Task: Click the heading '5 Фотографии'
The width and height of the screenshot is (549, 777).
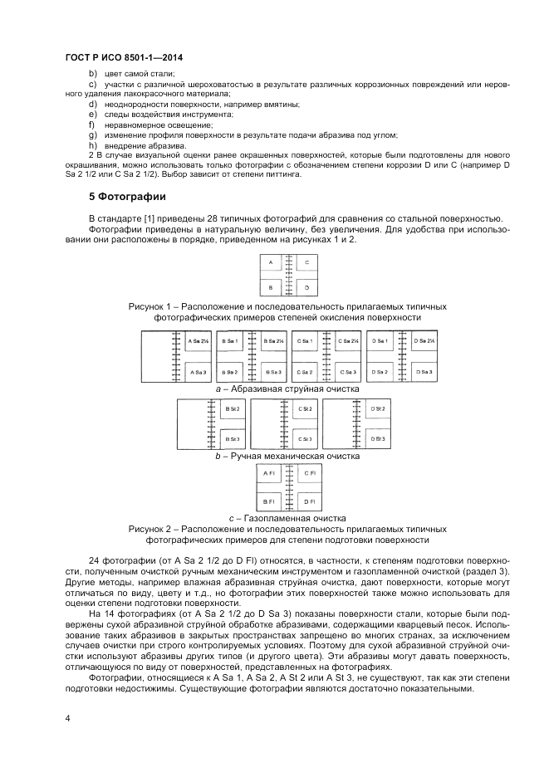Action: coord(127,197)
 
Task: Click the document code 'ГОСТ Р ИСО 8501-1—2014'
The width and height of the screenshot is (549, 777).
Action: coord(123,57)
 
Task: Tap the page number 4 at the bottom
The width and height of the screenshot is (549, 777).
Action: coord(67,716)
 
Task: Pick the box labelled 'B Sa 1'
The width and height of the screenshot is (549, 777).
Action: coord(231,341)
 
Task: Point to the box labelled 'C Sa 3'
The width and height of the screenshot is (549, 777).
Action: coord(348,372)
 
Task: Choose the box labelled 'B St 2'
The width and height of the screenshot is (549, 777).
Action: coord(233,408)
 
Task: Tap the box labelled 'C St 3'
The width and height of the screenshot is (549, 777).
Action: coord(305,438)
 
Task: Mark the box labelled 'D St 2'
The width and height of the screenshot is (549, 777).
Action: coord(378,408)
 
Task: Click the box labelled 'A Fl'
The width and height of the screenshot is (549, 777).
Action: coord(269,473)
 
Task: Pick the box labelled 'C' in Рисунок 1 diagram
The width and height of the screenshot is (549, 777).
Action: coord(307,262)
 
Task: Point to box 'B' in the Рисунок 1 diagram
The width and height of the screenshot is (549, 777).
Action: coord(270,288)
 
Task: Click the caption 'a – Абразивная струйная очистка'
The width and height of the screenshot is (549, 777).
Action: coord(287,388)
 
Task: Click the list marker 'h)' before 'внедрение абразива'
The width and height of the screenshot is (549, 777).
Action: coord(92,145)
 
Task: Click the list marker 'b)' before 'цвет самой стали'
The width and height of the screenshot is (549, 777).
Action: coord(92,74)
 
